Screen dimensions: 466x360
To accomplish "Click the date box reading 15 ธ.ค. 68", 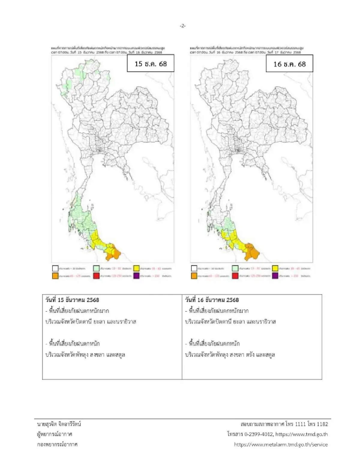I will pos(150,63).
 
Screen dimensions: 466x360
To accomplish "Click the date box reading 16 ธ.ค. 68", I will pos(289,64).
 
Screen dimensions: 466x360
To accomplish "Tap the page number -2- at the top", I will pos(183,26).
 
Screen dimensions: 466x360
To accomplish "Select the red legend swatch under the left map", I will pos(96,275).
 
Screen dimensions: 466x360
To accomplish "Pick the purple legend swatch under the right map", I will pos(275,275).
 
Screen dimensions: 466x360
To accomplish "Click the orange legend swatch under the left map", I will pos(55,275).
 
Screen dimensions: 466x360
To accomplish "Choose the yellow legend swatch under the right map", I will pos(275,268).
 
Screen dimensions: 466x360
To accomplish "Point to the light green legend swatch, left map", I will pos(96,268).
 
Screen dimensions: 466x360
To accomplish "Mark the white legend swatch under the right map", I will pos(194,268).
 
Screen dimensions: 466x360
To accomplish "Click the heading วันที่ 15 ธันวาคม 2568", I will pos(72,300).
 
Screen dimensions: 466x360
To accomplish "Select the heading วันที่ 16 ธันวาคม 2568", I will pos(212,300).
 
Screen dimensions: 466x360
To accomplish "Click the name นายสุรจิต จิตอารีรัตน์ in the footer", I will pos(59,424).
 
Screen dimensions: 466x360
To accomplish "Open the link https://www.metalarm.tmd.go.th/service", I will pos(281,444).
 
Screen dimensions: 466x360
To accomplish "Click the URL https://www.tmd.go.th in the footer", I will pos(301,434).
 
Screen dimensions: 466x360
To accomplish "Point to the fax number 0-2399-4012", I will pos(259,434).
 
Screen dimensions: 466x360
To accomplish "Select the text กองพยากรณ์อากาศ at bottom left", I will pos(57,444).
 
